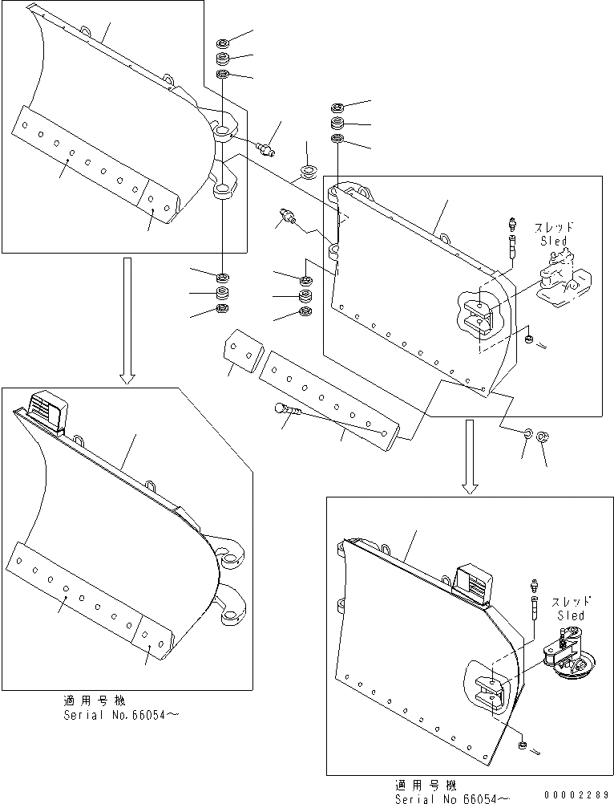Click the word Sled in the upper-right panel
point(552,241)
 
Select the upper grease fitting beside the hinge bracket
point(266,148)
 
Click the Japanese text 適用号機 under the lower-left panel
point(93,700)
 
